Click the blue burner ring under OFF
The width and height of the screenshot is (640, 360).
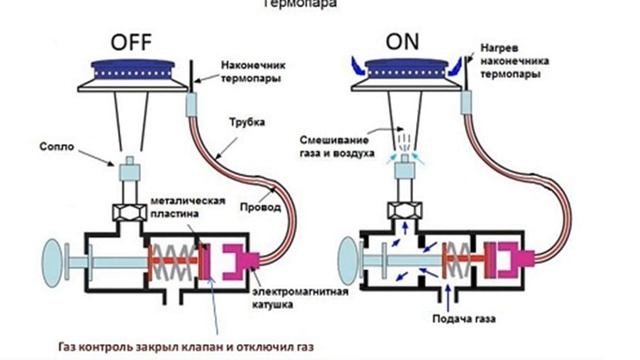(x=134, y=70)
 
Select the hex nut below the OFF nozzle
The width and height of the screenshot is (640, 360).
(x=129, y=213)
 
